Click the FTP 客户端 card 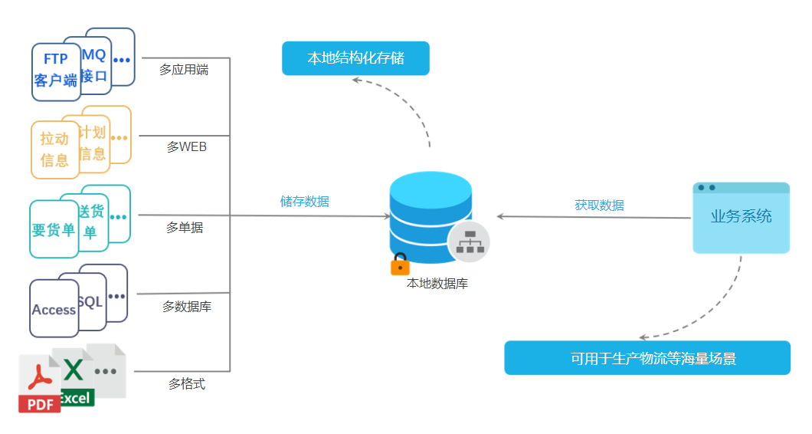click(55, 71)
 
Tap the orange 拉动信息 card click(54, 149)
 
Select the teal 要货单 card click(54, 229)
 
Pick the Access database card click(54, 309)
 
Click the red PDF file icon click(39, 385)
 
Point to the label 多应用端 click(184, 70)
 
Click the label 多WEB click(187, 146)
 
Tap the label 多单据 click(185, 228)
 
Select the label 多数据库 click(187, 307)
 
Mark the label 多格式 click(187, 383)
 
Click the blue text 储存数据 click(305, 202)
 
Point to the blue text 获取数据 click(599, 205)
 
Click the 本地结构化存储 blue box click(355, 58)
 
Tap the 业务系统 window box click(741, 219)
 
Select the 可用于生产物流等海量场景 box click(647, 358)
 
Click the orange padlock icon click(400, 265)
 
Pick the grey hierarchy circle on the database click(468, 242)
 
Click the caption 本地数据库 click(437, 284)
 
